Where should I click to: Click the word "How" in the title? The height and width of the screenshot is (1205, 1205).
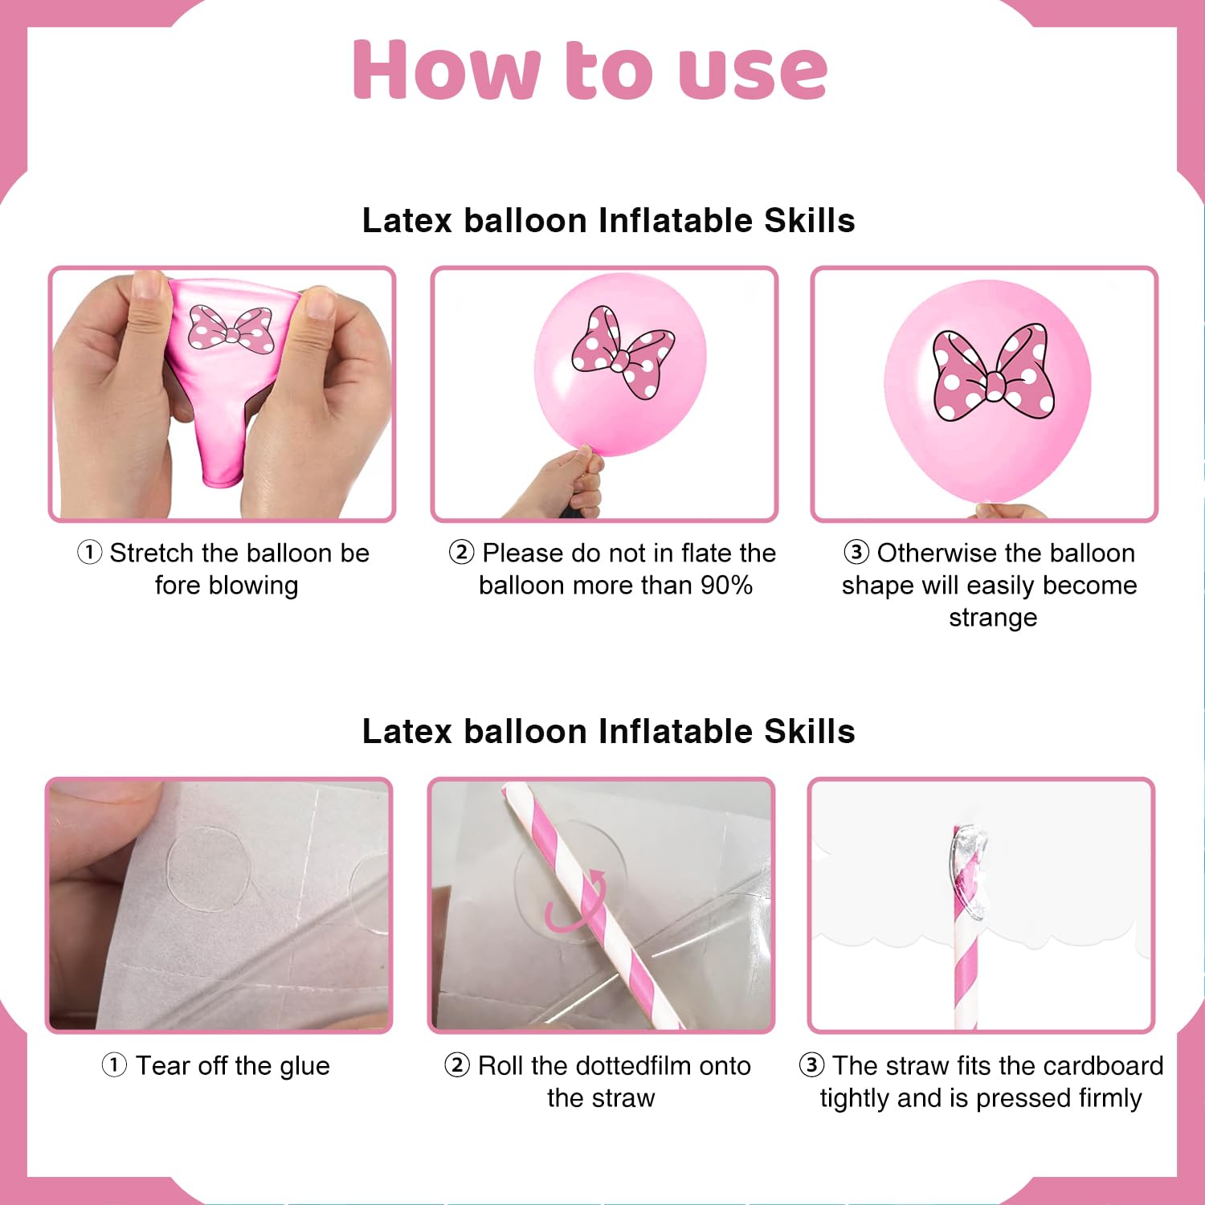click(x=447, y=70)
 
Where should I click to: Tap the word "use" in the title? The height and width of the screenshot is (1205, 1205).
click(x=753, y=73)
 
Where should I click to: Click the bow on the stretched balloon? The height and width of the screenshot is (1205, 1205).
click(x=231, y=329)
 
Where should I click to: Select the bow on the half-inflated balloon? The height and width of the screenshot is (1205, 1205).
click(x=623, y=352)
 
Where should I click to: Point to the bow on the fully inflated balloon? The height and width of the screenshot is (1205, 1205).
click(x=994, y=372)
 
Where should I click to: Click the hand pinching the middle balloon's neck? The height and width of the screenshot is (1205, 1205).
click(x=562, y=484)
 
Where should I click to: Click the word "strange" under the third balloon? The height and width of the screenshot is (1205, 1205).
click(x=993, y=618)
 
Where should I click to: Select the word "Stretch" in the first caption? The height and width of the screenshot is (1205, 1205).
click(x=152, y=553)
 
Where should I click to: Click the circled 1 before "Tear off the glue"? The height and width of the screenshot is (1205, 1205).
click(x=114, y=1065)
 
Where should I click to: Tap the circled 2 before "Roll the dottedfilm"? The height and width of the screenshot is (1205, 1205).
click(x=456, y=1065)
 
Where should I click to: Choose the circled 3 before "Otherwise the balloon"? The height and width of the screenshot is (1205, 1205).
click(x=856, y=553)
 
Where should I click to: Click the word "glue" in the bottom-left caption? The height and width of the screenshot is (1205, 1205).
click(x=304, y=1067)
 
